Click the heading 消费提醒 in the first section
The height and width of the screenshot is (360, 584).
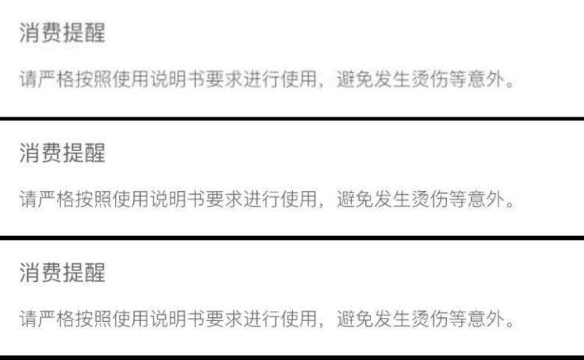point(62,34)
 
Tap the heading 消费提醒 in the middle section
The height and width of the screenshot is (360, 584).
point(62,154)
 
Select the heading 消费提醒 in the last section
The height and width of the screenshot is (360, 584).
point(62,273)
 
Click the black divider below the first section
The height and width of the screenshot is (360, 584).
point(292,118)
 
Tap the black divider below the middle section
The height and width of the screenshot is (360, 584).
point(292,237)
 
